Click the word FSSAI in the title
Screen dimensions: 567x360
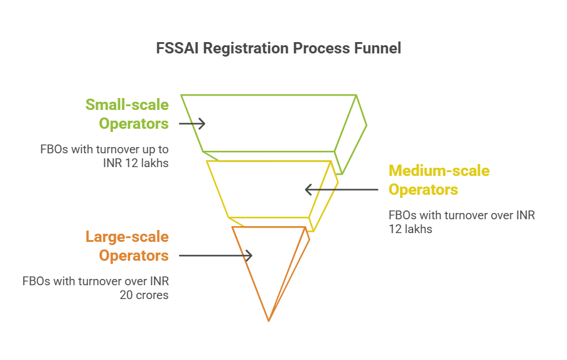177,48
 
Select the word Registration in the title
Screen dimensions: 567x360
246,49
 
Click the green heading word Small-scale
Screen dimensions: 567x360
127,104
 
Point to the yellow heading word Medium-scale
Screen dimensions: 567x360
439,170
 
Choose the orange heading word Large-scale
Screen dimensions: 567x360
127,237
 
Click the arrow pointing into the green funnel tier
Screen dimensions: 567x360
192,124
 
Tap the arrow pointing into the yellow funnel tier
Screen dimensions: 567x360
342,190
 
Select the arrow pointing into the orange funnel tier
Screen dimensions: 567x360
215,256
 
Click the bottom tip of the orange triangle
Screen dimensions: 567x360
269,321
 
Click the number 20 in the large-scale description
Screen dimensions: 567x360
126,295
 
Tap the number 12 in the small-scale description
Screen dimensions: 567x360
131,163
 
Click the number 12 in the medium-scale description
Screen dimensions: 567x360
395,229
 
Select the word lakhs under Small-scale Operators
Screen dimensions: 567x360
154,163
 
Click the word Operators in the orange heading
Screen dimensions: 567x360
134,256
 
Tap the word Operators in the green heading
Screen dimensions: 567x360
134,124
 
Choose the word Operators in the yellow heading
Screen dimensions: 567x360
423,190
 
